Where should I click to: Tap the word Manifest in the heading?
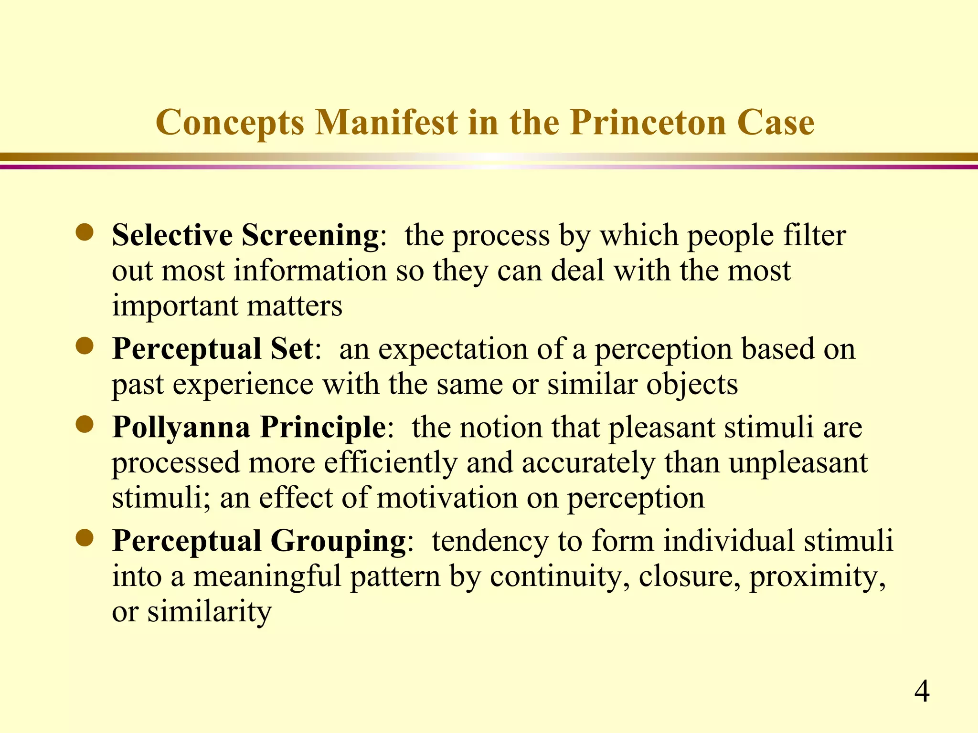tap(387, 123)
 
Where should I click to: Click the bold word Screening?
tap(310, 235)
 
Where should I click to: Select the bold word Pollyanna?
tap(181, 427)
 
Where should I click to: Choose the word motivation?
tap(447, 498)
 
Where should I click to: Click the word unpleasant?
tap(798, 463)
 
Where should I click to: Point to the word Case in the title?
tap(776, 123)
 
